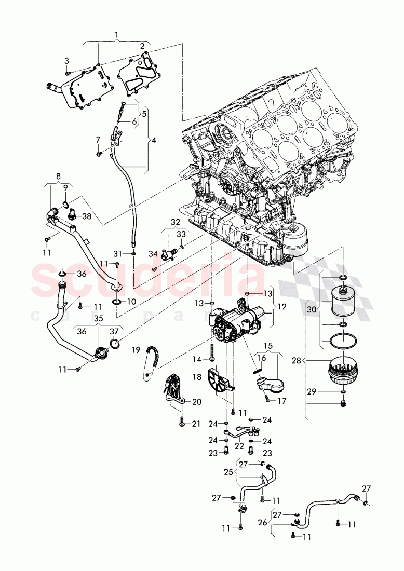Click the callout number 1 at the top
click(x=116, y=35)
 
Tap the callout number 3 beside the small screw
click(x=66, y=61)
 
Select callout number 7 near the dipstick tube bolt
click(x=97, y=139)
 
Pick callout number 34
click(x=153, y=254)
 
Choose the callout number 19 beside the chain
click(x=136, y=350)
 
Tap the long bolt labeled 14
click(x=214, y=358)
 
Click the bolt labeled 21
click(x=182, y=423)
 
